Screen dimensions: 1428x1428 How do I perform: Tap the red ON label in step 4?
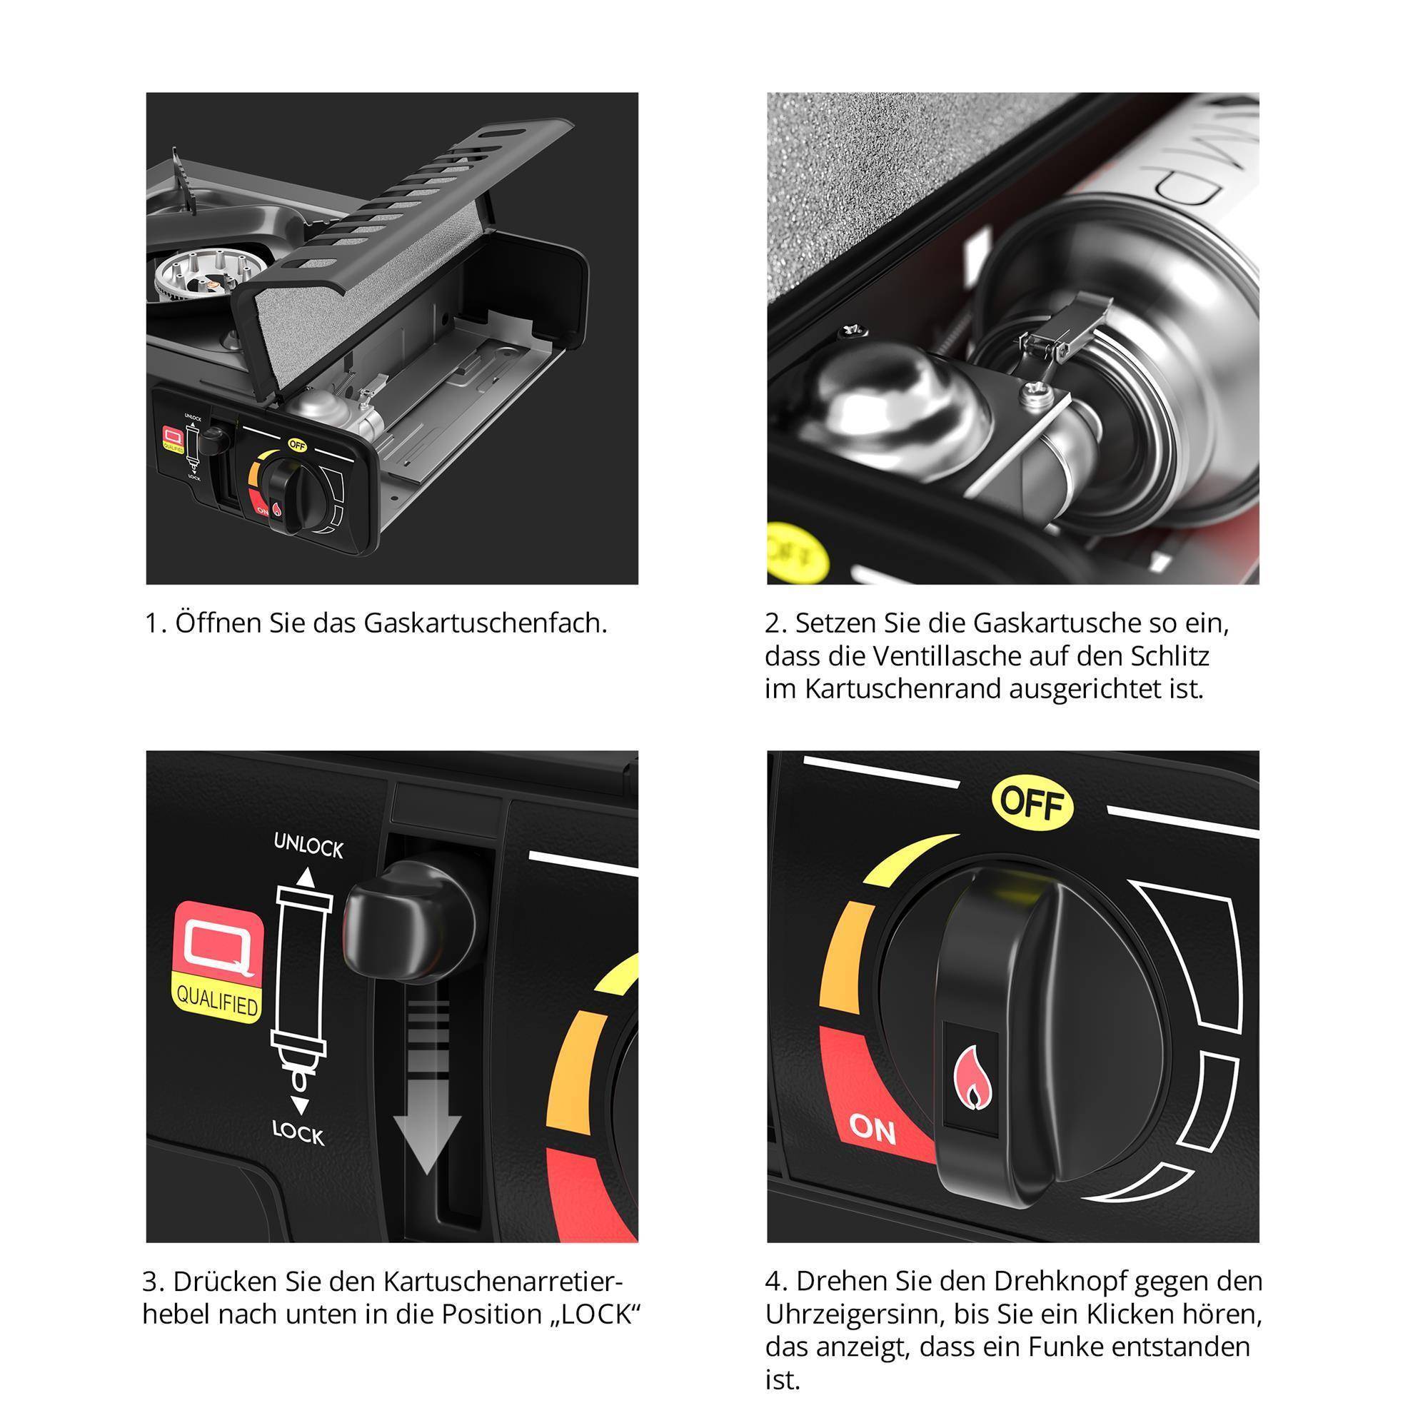pos(873,1129)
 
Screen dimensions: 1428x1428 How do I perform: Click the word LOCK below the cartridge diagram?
pos(298,1133)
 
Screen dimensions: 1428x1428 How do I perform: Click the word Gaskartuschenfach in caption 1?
pos(484,624)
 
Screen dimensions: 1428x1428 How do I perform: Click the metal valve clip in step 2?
pos(1058,336)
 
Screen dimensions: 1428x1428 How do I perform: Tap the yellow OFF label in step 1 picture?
pos(297,444)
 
